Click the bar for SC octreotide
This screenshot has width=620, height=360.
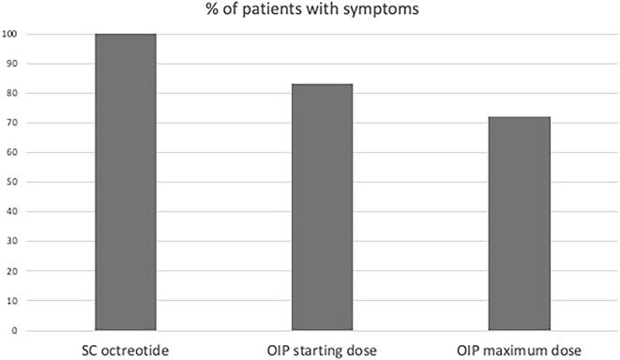(126, 182)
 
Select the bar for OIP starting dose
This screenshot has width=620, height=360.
(322, 207)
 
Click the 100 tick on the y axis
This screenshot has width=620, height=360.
(10, 35)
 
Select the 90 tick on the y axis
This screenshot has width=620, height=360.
(8, 64)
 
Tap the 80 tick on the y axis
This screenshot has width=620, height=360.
(8, 94)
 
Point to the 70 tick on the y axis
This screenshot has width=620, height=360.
(8, 123)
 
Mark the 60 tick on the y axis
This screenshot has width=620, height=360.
(8, 153)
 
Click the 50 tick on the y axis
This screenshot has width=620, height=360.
(8, 183)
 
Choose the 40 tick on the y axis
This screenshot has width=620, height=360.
(8, 212)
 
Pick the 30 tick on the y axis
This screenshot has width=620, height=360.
(8, 242)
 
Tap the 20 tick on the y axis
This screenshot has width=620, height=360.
(8, 271)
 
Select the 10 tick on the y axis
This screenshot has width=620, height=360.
(8, 301)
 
